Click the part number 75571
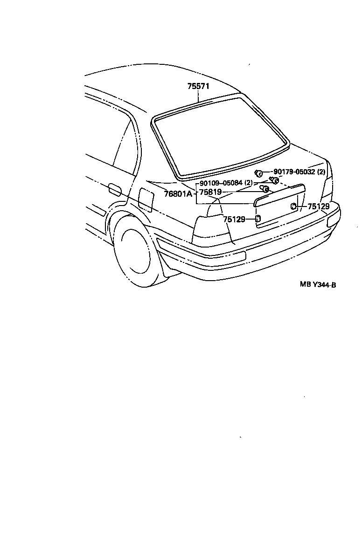(x=198, y=86)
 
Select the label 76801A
(x=178, y=193)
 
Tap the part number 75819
(x=210, y=192)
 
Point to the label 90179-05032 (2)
(x=299, y=172)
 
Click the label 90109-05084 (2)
(x=226, y=183)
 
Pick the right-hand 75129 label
(x=319, y=206)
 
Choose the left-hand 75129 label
(x=234, y=219)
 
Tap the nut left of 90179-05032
(x=259, y=173)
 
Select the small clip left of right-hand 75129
(x=294, y=206)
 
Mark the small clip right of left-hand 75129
(x=258, y=219)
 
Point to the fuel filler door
(x=146, y=200)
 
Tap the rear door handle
(x=114, y=190)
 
